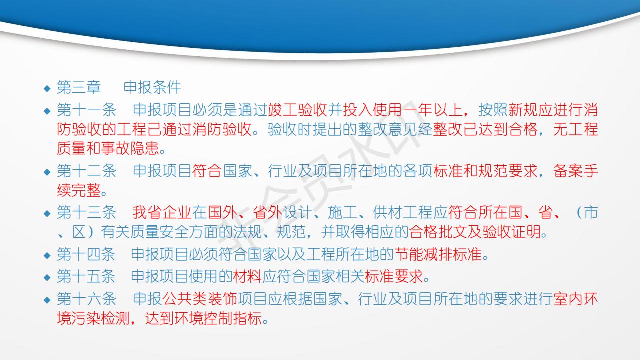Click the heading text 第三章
pos(79,87)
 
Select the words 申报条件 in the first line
pos(152,87)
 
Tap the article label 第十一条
pos(86,110)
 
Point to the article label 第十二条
pos(86,171)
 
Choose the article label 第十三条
pos(86,213)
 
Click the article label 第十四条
pos(86,254)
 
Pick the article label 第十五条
pos(86,276)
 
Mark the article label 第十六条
pos(86,299)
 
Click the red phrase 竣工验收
pos(297,110)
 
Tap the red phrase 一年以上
pos(432,110)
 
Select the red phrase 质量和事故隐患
pos(108,148)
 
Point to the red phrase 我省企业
pos(162,213)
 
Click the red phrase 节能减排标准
pos(438,254)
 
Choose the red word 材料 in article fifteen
pos(247,276)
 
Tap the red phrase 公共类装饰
pos(200,299)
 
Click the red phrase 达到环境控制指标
pos(204,318)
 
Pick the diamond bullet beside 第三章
pos(47,88)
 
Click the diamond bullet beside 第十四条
pos(47,255)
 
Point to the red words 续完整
pos(79,190)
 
